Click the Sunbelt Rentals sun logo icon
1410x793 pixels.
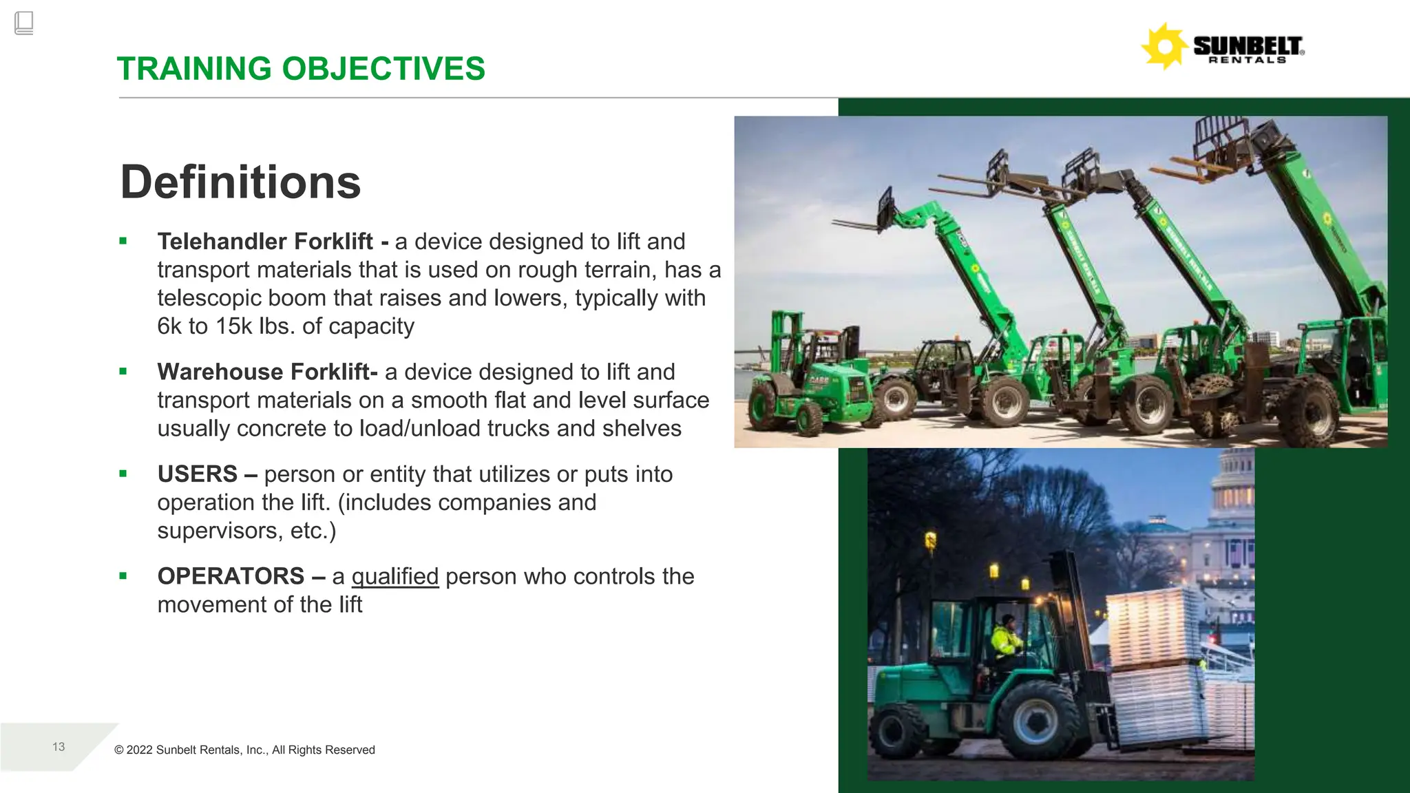click(x=1164, y=46)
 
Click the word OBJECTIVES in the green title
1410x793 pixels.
click(x=383, y=69)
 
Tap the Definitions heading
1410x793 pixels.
click(x=240, y=182)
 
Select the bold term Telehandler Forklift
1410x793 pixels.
click(x=265, y=242)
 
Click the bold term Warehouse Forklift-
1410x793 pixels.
click(x=267, y=372)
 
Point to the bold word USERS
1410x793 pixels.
click(x=198, y=474)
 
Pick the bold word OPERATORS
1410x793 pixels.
click(x=231, y=576)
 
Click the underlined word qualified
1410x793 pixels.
click(x=394, y=576)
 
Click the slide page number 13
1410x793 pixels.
click(x=59, y=747)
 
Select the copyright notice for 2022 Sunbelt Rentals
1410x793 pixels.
click(x=244, y=750)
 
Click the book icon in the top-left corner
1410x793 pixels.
click(x=23, y=23)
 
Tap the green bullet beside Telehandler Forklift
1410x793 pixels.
click(x=123, y=241)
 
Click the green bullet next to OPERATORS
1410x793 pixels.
click(x=123, y=576)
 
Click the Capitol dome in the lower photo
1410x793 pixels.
click(x=1232, y=482)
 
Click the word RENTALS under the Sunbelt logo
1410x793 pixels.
click(x=1248, y=60)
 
